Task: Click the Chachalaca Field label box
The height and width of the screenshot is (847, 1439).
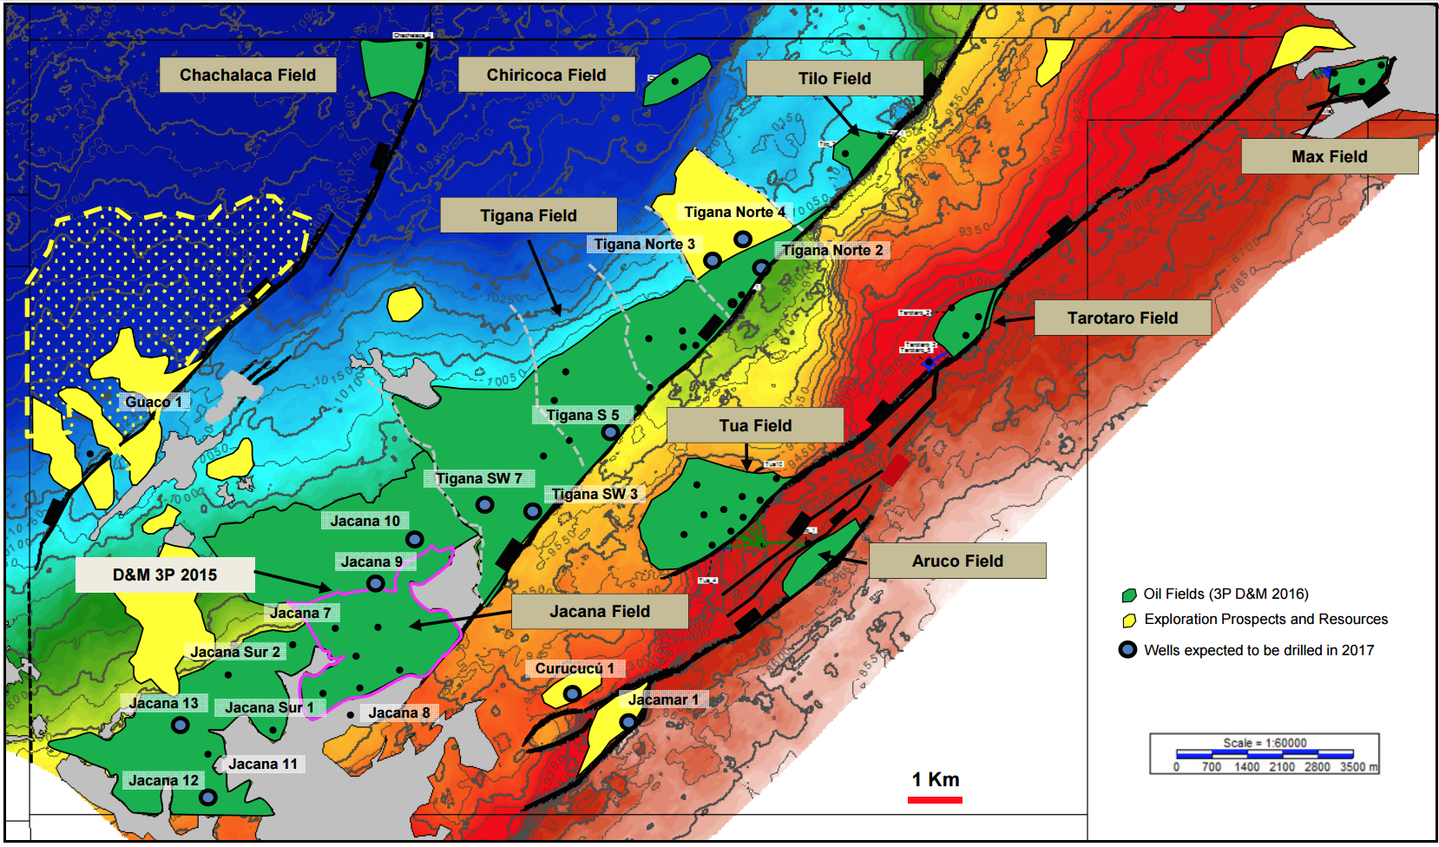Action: (x=247, y=76)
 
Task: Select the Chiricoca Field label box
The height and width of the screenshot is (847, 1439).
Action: (x=546, y=76)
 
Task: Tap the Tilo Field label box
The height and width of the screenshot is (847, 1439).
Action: (x=834, y=79)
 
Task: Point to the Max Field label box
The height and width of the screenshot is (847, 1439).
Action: (x=1329, y=157)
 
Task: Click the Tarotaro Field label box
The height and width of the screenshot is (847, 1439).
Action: (x=1122, y=318)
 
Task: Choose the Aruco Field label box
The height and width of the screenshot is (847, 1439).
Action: (x=957, y=561)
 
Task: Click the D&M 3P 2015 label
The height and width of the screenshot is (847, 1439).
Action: (x=165, y=575)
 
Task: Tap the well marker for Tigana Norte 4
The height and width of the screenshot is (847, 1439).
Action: (x=743, y=239)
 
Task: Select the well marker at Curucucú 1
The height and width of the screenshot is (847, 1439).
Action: (x=572, y=693)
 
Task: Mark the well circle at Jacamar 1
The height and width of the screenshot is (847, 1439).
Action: (x=628, y=721)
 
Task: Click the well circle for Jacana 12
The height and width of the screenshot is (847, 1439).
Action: (x=207, y=798)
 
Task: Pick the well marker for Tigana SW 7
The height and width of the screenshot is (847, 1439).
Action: (x=485, y=504)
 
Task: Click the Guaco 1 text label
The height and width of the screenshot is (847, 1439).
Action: (x=154, y=402)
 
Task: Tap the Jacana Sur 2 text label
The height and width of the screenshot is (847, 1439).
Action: (x=235, y=652)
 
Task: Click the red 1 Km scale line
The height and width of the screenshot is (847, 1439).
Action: (x=935, y=800)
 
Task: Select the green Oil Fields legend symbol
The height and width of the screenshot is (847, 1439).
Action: (x=1129, y=595)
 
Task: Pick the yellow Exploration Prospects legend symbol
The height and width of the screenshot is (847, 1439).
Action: (x=1129, y=620)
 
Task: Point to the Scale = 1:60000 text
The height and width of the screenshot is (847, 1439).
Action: (x=1265, y=743)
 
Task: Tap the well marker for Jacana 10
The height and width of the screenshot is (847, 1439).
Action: (x=415, y=539)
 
